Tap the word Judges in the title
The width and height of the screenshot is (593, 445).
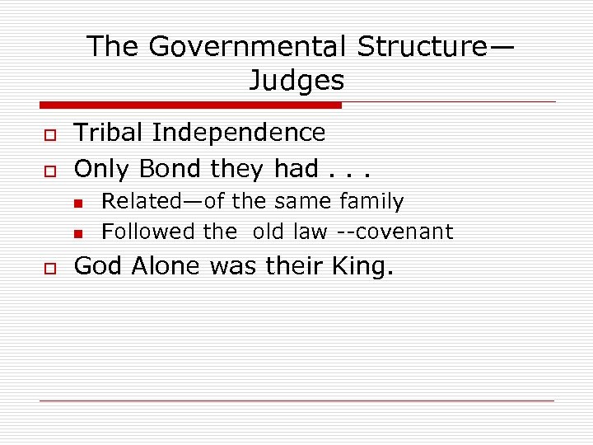coord(296,81)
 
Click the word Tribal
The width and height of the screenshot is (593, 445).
coord(110,133)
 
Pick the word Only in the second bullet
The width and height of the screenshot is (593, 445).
coord(103,169)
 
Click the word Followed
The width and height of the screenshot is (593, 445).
coord(148,232)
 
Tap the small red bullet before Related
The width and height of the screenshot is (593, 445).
coord(77,203)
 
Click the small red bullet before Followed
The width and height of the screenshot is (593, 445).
coord(77,233)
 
